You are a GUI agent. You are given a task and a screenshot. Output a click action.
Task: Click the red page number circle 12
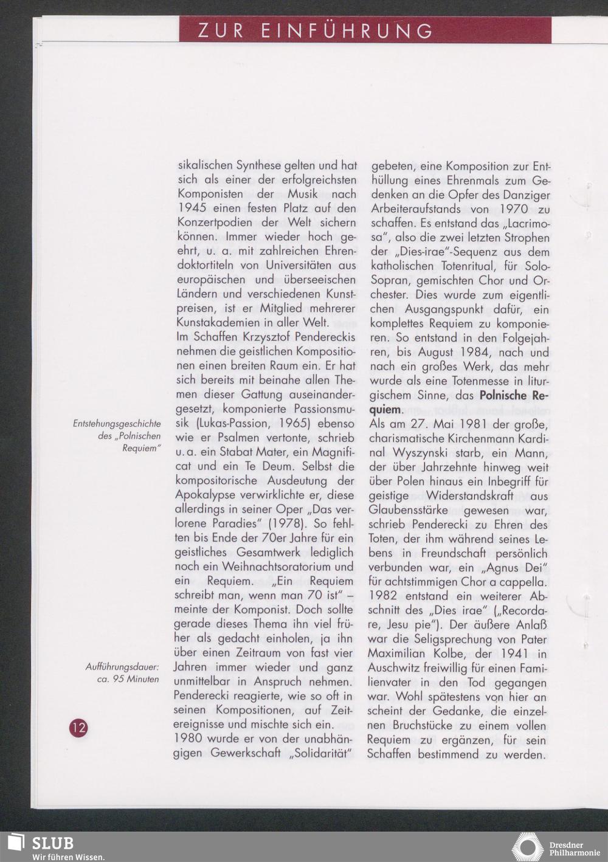point(78,727)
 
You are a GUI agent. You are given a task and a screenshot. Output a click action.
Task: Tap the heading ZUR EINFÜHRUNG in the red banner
point(316,31)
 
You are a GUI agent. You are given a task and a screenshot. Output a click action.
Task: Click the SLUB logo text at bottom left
point(52,843)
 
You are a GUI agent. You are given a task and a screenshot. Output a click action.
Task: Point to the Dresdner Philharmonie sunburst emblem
point(527,847)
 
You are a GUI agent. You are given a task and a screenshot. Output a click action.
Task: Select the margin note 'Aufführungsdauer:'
point(122,667)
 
